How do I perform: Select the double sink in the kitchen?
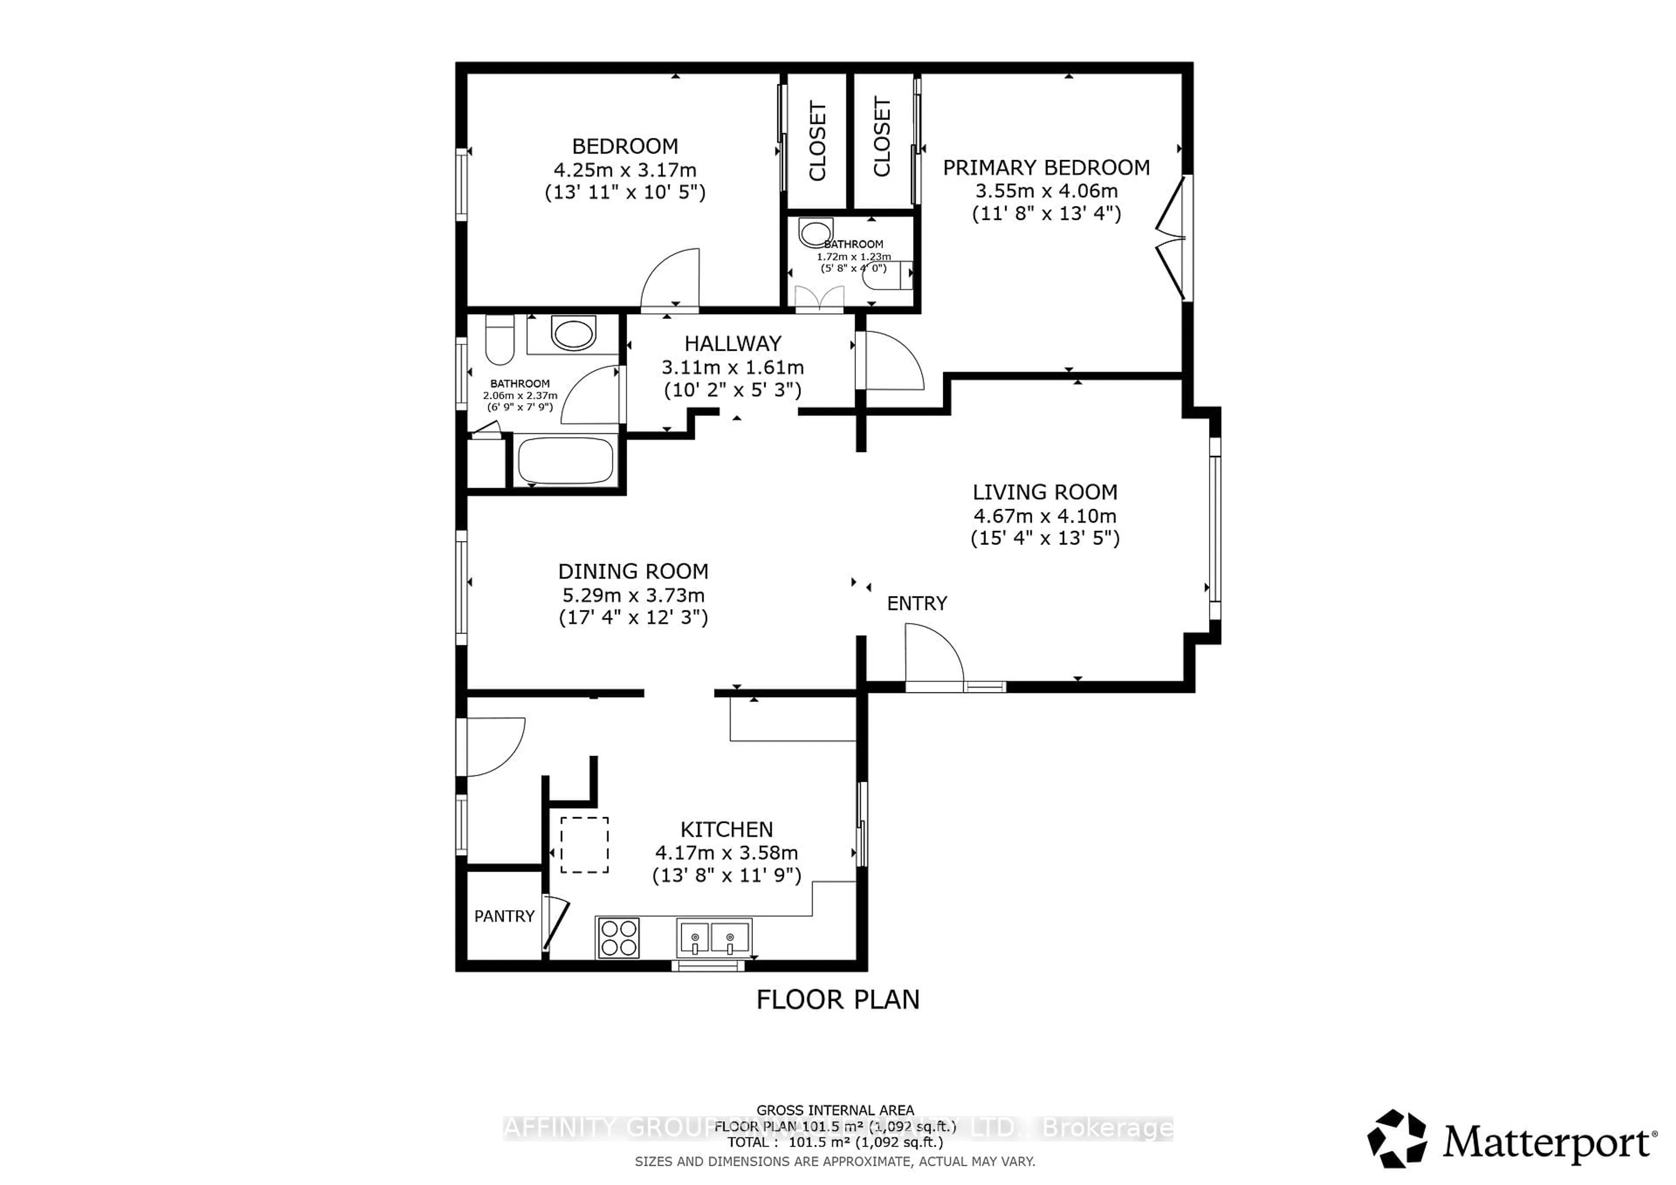coord(713,938)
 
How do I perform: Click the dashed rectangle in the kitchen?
coord(584,845)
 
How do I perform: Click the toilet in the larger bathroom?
coord(500,341)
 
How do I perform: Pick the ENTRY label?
coord(917,603)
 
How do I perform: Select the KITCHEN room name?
coord(726,830)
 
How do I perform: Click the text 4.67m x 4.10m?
coord(1044,516)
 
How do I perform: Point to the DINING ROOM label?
coord(633,572)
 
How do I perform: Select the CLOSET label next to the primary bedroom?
coord(882,137)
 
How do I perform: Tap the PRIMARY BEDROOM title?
coord(1046,168)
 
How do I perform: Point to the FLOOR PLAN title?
coord(837,1000)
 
